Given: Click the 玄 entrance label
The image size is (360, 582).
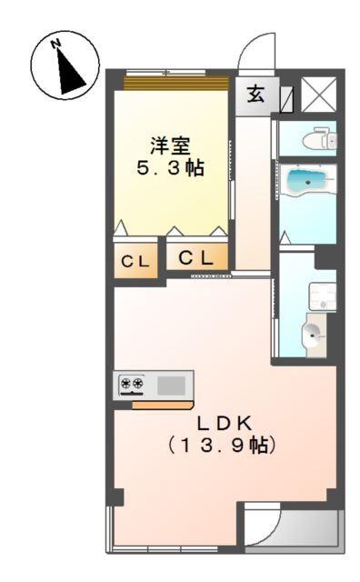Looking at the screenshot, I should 256,95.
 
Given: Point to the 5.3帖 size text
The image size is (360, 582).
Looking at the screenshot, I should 170,169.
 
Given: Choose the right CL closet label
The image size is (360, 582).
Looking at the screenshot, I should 196,257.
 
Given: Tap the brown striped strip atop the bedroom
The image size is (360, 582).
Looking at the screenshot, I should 175,83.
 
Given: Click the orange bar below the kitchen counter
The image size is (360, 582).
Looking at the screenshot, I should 162,404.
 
